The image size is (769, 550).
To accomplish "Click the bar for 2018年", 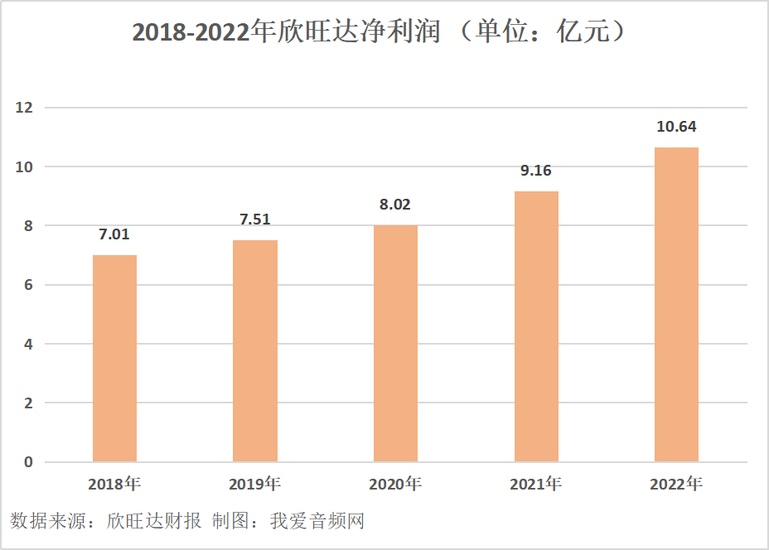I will point(114,358).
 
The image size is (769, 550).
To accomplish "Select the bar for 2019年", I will point(255,350).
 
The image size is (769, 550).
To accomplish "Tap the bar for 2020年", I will point(395,343).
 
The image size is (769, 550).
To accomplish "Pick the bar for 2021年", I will point(536,326).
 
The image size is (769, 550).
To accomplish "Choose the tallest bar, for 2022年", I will point(676,304).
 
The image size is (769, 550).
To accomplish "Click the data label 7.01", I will point(114,234).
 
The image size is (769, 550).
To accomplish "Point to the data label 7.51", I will point(255,220).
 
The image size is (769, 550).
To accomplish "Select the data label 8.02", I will point(395,205).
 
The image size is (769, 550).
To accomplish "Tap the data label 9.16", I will point(536,171).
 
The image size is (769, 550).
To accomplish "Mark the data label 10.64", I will point(676,128).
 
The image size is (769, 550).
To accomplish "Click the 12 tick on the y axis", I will point(24,108).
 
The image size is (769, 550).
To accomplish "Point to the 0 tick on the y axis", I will point(28,462).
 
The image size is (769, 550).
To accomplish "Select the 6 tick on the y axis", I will point(28,285).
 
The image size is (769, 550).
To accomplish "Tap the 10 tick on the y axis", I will point(24,166).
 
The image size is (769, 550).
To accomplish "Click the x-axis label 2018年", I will point(114,484).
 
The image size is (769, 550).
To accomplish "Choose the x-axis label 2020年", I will point(395,484).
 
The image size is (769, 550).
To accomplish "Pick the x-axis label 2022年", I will point(676,484).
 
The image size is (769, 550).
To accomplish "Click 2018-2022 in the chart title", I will point(191,32).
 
